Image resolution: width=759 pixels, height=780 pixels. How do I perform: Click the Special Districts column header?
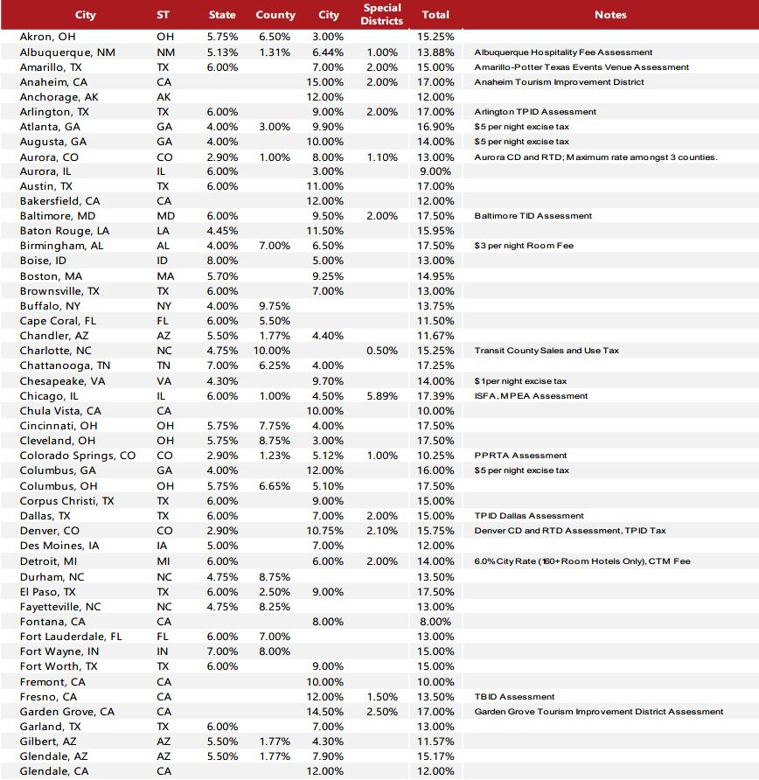(x=382, y=14)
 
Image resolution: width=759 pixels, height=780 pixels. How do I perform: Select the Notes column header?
(x=610, y=15)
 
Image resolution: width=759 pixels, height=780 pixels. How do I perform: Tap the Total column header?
(x=435, y=15)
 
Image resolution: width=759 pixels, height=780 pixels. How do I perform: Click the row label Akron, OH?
(x=49, y=37)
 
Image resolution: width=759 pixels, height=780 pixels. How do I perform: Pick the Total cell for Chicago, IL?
(x=436, y=396)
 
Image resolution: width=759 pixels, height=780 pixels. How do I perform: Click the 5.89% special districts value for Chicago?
(x=382, y=396)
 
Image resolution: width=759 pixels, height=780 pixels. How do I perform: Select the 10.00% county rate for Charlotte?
(x=275, y=351)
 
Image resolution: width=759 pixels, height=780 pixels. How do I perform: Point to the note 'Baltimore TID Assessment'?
(x=533, y=216)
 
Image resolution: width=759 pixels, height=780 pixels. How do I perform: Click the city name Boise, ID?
(x=43, y=261)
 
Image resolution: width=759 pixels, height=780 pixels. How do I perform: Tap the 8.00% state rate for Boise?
(x=222, y=261)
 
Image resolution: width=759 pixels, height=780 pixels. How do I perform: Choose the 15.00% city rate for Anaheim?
(x=328, y=82)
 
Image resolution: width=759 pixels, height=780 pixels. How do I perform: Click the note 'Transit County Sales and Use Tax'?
(x=547, y=351)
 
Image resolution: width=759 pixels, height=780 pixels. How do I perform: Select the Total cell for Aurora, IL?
(x=436, y=171)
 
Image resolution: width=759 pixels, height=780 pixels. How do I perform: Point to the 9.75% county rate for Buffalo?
(x=275, y=306)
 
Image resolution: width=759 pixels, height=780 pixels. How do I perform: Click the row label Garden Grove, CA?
(x=67, y=712)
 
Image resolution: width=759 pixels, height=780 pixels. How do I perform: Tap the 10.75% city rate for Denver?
(x=328, y=531)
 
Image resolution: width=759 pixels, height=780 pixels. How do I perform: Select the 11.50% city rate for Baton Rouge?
(x=328, y=231)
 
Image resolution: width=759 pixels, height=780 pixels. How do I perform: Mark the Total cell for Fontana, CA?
(x=436, y=622)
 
